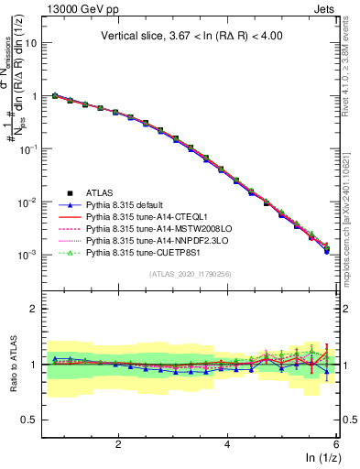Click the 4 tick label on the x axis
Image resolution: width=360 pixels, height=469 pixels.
(227, 443)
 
